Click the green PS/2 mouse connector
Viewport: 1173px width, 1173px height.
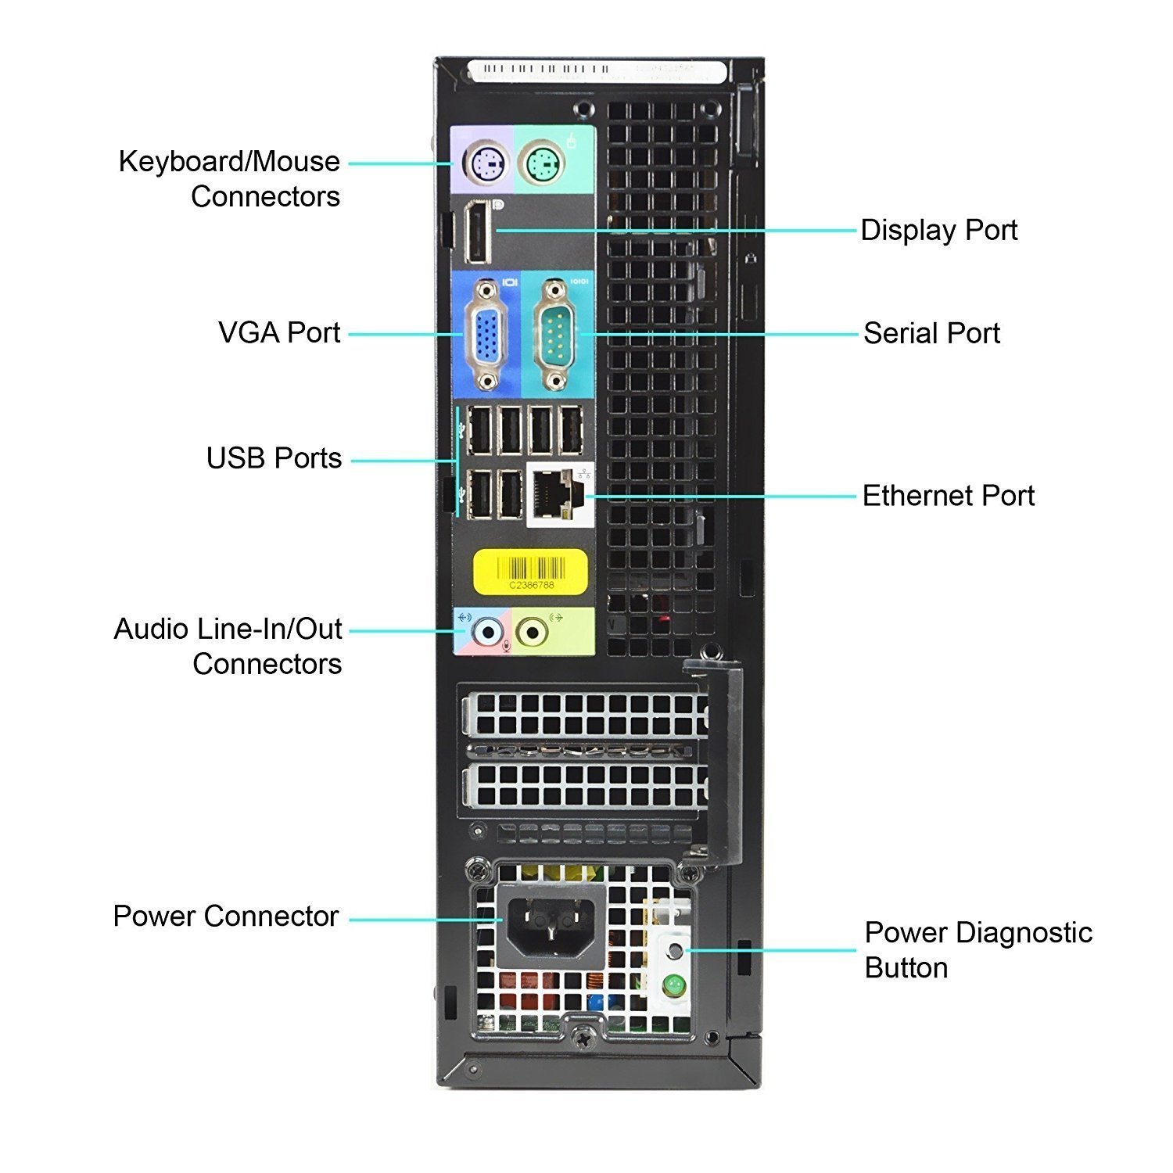544,164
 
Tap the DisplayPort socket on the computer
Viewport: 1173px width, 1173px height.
476,231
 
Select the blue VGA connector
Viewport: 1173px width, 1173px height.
487,335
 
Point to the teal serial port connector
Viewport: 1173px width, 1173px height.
555,335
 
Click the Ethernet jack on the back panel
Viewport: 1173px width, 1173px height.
557,494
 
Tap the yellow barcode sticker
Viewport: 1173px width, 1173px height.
530,570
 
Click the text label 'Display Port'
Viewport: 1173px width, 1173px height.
938,231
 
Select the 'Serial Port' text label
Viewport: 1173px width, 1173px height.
931,333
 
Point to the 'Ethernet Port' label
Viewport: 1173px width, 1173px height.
948,496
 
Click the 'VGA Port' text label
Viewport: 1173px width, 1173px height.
279,332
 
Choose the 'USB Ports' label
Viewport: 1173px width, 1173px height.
274,458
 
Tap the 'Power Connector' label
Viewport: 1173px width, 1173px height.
225,916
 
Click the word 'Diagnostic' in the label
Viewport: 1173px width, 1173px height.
1024,933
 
